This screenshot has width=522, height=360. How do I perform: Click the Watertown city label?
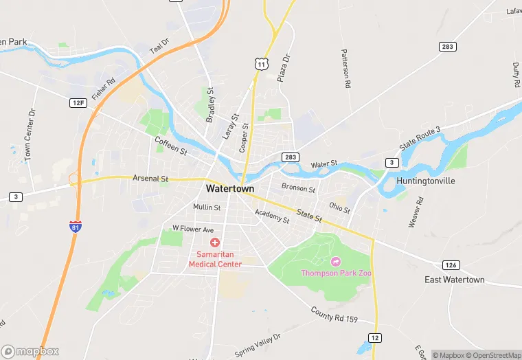point(230,188)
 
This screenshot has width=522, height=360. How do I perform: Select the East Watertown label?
point(454,280)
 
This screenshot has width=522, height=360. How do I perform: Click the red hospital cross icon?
point(215,243)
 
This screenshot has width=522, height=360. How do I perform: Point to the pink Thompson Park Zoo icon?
point(336,261)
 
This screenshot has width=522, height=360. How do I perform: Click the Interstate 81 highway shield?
point(73,227)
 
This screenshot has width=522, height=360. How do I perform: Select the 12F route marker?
point(78,103)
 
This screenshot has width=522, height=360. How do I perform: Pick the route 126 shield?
point(450,265)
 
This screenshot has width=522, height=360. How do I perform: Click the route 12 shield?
point(375,337)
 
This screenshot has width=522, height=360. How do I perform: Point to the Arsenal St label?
point(150,179)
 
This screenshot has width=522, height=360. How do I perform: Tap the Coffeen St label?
point(171,145)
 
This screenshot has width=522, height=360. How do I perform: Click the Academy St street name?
point(272,216)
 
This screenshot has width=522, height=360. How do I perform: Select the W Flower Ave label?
point(193,229)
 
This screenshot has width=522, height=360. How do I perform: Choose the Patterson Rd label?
point(347,69)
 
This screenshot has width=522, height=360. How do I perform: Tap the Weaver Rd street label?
point(416,212)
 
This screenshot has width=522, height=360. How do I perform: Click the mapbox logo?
point(30,351)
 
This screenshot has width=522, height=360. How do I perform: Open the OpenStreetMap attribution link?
point(490,355)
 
